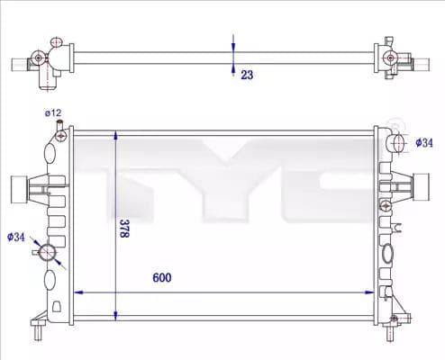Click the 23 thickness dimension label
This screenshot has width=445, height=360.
pos(246,76)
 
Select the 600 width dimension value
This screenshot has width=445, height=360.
pos(162,277)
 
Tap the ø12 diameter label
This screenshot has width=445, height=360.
pos(53,113)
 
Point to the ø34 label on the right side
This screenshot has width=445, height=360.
pos(425,142)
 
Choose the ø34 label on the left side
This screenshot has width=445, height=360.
pos(15,238)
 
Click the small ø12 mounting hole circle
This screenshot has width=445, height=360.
pos(60,137)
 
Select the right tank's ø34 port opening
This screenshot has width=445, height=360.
pos(398,142)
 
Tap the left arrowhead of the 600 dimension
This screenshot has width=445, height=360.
pos(77,292)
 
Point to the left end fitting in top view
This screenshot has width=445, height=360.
pos(41,61)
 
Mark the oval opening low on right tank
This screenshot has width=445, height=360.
pos(388,256)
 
